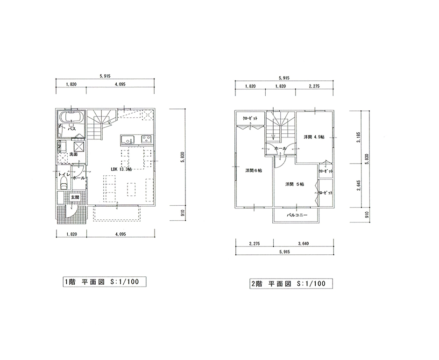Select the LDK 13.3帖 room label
[x=121, y=169]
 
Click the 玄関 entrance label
[x=75, y=197]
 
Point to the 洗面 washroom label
[x=73, y=154]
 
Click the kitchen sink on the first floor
[x=127, y=140]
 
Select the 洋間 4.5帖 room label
[x=314, y=137]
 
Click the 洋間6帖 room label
[x=254, y=171]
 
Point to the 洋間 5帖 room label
[x=295, y=184]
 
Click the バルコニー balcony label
[x=297, y=216]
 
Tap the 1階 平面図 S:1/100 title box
[x=105, y=282]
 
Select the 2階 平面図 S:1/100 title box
[x=291, y=283]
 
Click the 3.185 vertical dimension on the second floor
[x=359, y=137]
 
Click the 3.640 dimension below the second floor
[x=304, y=244]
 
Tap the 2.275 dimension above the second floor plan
[x=314, y=86]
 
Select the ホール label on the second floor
[x=280, y=148]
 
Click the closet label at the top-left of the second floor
[x=250, y=118]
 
